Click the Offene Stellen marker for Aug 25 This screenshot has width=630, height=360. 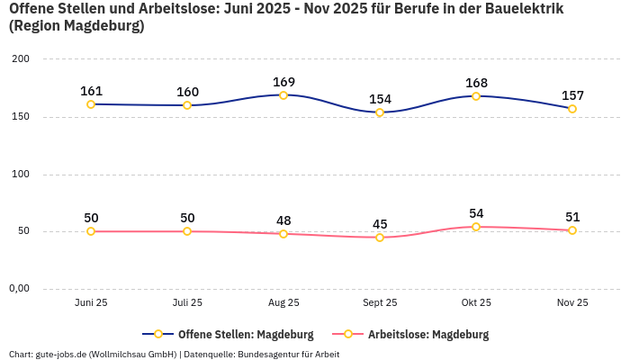tap(283, 95)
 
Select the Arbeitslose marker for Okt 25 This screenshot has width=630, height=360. tap(476, 227)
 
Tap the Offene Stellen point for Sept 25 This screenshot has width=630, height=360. tap(380, 112)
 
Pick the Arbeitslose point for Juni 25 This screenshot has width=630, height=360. tap(91, 231)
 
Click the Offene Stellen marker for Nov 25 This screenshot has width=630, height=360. tap(572, 109)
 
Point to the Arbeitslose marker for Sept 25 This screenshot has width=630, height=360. tap(380, 238)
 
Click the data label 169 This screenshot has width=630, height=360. tap(283, 82)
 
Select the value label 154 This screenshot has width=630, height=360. tap(380, 99)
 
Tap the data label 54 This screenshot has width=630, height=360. tap(476, 213)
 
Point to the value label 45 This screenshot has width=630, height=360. tap(380, 224)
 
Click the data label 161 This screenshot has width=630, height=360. tap(91, 91)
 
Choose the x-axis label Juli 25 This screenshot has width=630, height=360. tap(187, 303)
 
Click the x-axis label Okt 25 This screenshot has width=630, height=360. tap(476, 303)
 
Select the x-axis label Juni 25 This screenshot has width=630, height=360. tap(91, 303)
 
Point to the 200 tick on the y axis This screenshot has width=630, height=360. tap(21, 59)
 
